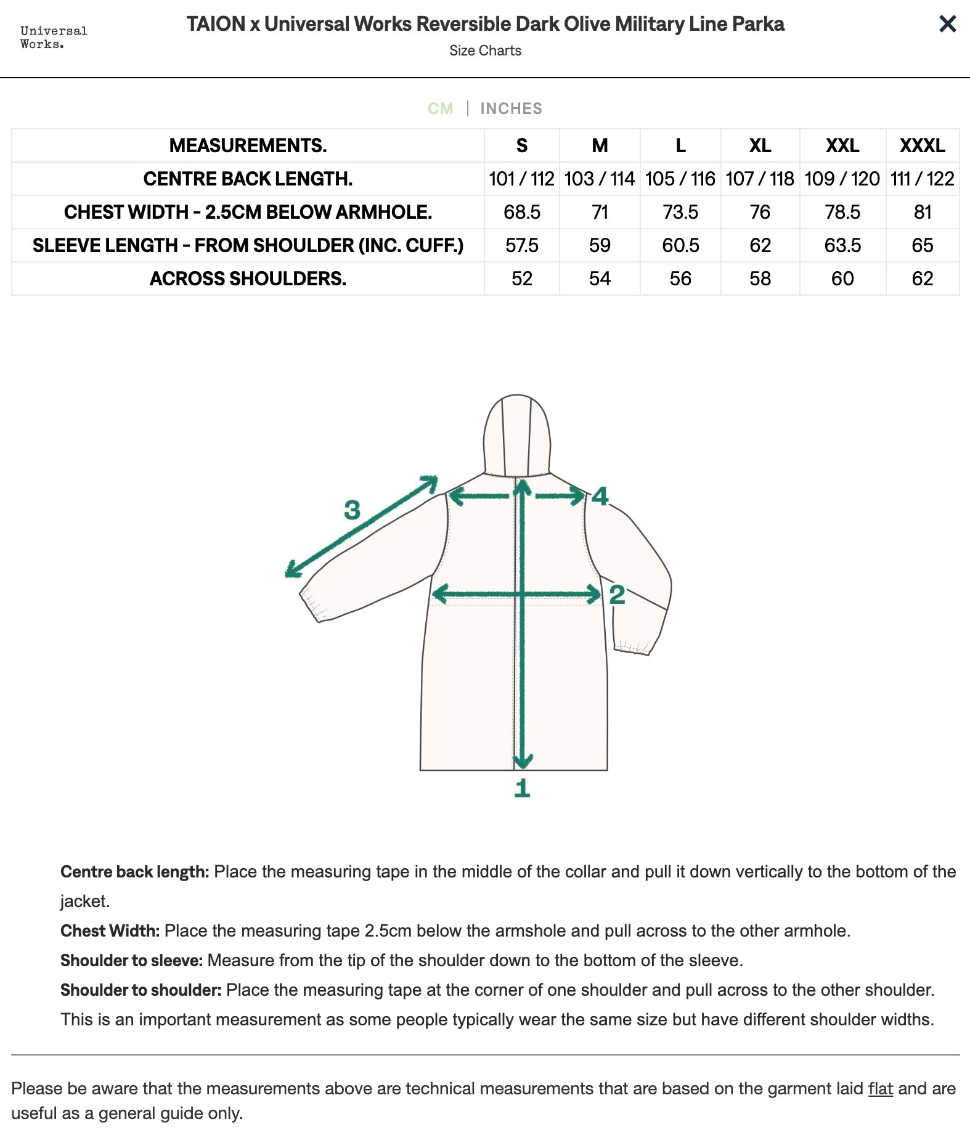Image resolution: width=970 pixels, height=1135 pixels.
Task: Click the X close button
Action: [x=947, y=24]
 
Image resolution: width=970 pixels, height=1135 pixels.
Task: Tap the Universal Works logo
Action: [x=54, y=37]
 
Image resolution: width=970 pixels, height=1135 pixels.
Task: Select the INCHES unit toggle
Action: [x=511, y=108]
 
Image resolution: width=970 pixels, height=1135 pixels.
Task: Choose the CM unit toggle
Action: [x=441, y=108]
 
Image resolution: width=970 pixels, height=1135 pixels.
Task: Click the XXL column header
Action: [x=842, y=145]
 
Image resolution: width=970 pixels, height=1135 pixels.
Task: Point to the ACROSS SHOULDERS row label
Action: [x=248, y=279]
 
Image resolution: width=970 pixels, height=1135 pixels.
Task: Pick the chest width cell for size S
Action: [x=521, y=212]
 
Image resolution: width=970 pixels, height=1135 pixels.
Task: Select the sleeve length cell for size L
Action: [x=680, y=245]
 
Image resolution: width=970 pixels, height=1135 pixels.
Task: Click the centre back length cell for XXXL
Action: [x=922, y=179]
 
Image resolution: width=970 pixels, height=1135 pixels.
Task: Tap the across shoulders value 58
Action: [x=760, y=279]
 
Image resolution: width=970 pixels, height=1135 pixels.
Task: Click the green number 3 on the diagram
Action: [x=352, y=510]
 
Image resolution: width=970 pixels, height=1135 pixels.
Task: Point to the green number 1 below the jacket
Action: [x=522, y=788]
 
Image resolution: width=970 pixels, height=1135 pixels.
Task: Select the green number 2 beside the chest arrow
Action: [x=617, y=595]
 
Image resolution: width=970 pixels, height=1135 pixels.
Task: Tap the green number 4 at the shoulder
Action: [x=600, y=496]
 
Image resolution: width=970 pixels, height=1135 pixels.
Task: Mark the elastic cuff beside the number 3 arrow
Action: [x=314, y=604]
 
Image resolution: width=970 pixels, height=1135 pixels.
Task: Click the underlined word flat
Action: [x=880, y=1089]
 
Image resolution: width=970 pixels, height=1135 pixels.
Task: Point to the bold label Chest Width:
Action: [x=110, y=930]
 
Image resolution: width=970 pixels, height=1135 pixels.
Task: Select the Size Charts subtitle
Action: [x=485, y=51]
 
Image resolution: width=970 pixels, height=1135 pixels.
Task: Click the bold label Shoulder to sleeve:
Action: [x=131, y=960]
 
